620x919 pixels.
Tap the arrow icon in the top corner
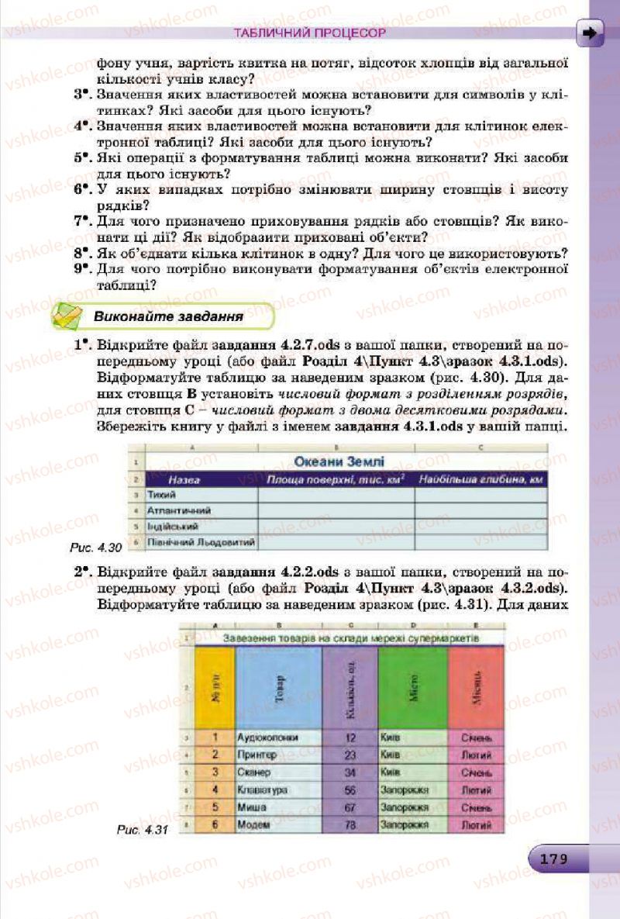(590, 33)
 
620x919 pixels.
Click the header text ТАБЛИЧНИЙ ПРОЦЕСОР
(309, 34)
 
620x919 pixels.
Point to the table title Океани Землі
(339, 462)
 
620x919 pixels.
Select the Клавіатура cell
(263, 789)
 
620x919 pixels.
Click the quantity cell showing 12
(350, 738)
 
